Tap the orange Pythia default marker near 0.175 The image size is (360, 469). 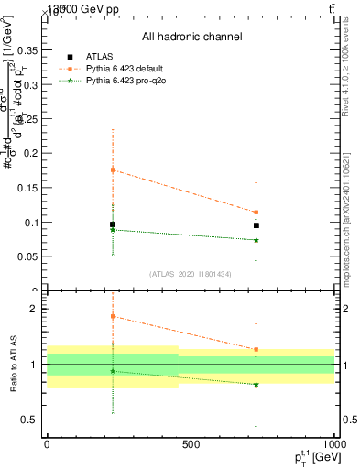coord(113,169)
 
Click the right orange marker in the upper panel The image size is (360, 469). coord(256,212)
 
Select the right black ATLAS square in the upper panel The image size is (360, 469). coord(256,225)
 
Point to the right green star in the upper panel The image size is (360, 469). coord(256,240)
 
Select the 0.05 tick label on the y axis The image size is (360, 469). coord(29,256)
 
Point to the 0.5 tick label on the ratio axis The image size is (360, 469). coord(32,420)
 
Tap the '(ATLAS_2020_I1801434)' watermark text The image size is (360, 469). coord(191,274)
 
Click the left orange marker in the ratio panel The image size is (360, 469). coord(113,316)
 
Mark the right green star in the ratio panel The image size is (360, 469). coord(256,384)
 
